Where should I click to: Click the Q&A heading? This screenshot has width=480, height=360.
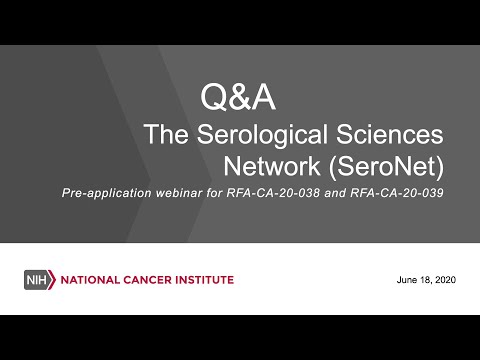pyautogui.click(x=238, y=97)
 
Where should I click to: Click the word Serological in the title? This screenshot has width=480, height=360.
pyautogui.click(x=262, y=135)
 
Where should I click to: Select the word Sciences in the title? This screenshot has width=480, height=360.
pyautogui.click(x=390, y=134)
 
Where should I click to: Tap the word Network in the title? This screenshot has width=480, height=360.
pyautogui.click(x=272, y=166)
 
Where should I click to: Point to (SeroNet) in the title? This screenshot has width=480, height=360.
pyautogui.click(x=386, y=167)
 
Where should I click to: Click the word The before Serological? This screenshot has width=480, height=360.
pyautogui.click(x=166, y=134)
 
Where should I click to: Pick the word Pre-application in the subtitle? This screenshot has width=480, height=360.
pyautogui.click(x=107, y=193)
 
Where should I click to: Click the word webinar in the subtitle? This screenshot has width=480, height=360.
pyautogui.click(x=179, y=193)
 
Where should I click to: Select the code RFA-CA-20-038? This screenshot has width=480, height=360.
pyautogui.click(x=273, y=193)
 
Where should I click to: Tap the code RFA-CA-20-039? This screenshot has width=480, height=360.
pyautogui.click(x=397, y=193)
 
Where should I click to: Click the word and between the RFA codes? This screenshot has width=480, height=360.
pyautogui.click(x=335, y=193)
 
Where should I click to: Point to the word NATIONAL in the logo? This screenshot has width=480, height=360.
pyautogui.click(x=90, y=280)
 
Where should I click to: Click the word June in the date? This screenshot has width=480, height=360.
pyautogui.click(x=407, y=280)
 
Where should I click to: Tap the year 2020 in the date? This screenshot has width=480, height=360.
pyautogui.click(x=445, y=280)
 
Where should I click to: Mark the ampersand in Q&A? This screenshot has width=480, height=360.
pyautogui.click(x=238, y=97)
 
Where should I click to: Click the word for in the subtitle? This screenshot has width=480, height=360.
pyautogui.click(x=214, y=193)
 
